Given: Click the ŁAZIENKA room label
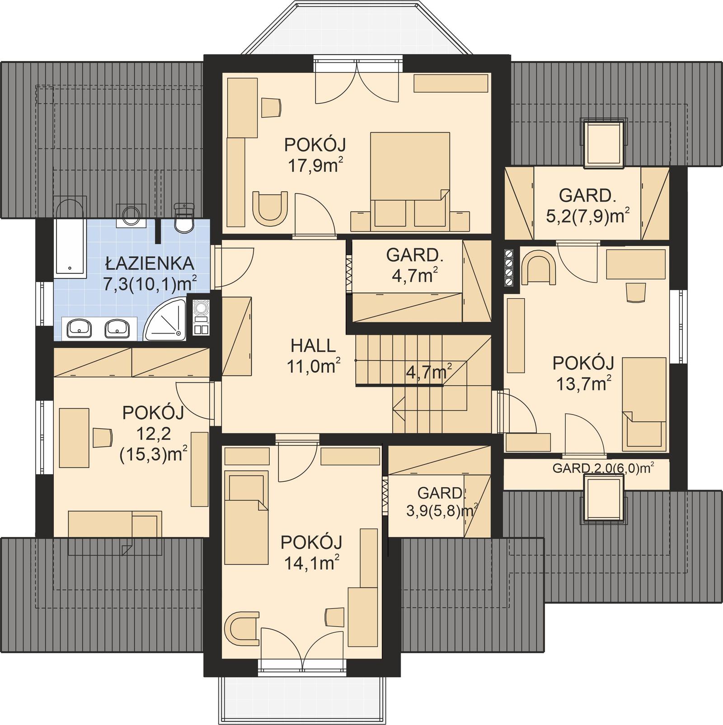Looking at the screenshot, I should [x=150, y=263].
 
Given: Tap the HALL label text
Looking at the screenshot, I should [x=313, y=346].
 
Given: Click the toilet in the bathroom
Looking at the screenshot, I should [x=184, y=219].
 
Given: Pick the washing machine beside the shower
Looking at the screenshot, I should [x=201, y=317].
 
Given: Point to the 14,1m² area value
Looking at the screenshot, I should [x=312, y=563].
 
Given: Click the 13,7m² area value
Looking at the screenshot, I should [x=583, y=384].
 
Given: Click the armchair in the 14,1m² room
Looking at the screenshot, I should [x=243, y=628].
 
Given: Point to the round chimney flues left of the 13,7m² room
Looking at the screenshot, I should [x=509, y=268].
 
